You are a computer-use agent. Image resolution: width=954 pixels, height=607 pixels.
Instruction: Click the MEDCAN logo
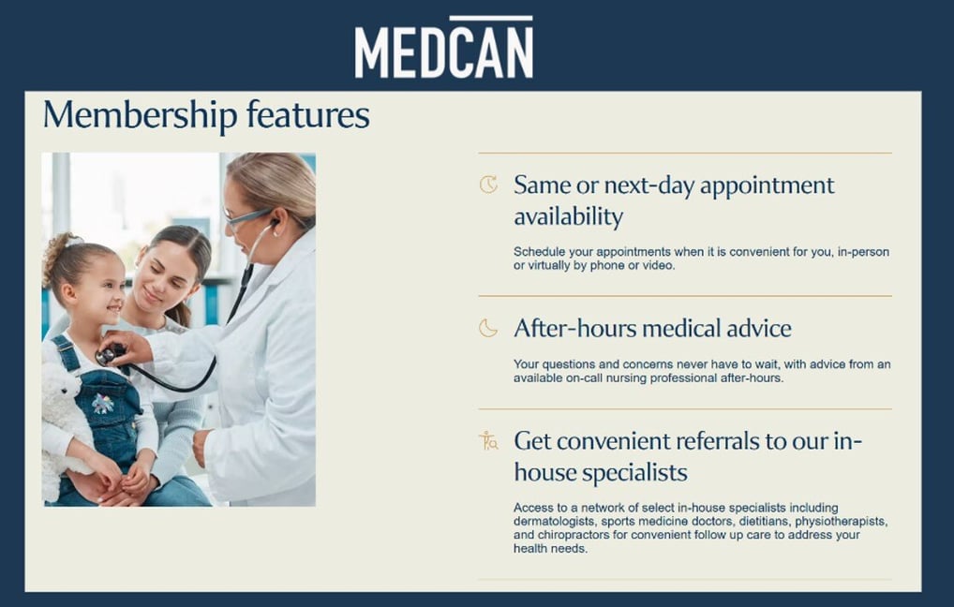(443, 50)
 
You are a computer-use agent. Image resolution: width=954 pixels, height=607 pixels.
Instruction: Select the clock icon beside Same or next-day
(488, 185)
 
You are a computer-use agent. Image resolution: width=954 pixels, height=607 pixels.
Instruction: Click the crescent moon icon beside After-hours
(488, 328)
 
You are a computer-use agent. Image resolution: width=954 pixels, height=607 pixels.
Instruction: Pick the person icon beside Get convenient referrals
(488, 441)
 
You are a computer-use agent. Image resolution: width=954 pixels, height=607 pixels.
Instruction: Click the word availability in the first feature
(568, 217)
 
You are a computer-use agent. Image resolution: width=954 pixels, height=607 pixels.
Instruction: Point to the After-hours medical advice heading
(652, 329)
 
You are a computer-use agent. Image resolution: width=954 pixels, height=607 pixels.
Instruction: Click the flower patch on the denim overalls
(103, 404)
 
